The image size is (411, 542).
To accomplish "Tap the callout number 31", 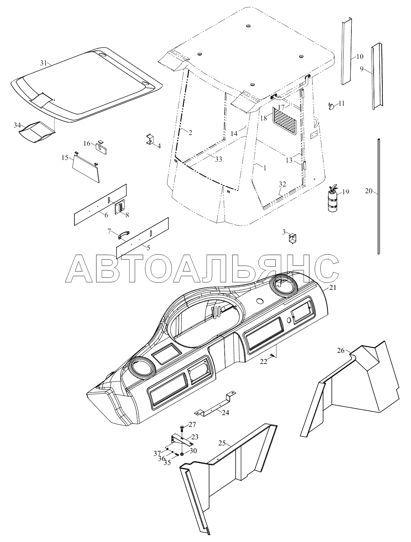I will tap(43, 63).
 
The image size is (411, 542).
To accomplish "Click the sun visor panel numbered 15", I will tap(87, 167).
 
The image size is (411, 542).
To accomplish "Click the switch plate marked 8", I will tap(120, 208).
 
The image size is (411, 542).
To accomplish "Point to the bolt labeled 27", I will tap(182, 428).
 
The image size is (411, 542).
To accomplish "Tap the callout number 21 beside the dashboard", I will tap(333, 288).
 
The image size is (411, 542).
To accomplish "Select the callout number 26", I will tap(341, 350).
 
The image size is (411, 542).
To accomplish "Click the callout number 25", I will tap(222, 443).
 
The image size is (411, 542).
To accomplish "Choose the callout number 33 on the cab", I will tap(218, 159).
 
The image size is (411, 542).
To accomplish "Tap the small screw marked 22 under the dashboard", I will tap(272, 355).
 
